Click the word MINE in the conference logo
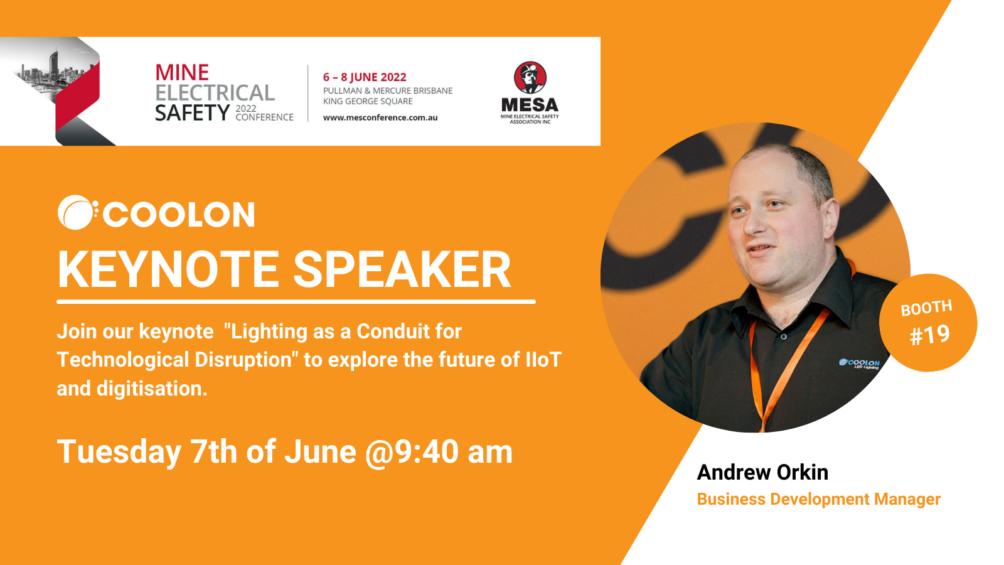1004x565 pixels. coord(182,73)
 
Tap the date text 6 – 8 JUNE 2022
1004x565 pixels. coord(365,77)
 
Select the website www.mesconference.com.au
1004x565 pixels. coord(380,118)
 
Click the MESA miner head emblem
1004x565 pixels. coord(530,78)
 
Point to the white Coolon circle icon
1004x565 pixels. coord(76,213)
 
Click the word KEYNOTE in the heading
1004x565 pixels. coord(169,269)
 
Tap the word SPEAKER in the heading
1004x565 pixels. coord(402,269)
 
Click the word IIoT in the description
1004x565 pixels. coord(543,360)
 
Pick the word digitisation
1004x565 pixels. coord(152,389)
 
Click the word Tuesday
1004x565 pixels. coord(119,453)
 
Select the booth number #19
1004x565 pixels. coord(929,335)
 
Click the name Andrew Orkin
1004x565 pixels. coord(762,472)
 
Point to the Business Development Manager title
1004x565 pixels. coord(818,499)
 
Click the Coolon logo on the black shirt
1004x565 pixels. coord(859,363)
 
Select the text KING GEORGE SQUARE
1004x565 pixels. coord(368,101)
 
